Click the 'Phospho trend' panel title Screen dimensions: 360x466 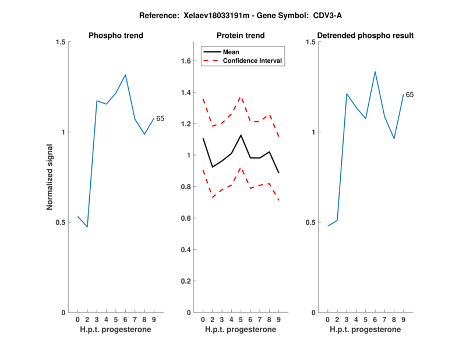coord(116,36)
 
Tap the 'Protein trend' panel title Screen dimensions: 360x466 coord(241,36)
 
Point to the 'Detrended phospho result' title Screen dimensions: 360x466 coord(366,36)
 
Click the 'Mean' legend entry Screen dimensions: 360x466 coord(231,52)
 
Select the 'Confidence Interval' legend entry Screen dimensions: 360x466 coord(253,61)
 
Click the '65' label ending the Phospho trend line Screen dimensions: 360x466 coord(160,119)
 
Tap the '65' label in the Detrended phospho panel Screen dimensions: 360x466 coord(409,94)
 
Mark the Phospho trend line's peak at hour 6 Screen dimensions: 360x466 coord(125,75)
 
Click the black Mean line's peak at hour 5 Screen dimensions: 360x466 coord(241,135)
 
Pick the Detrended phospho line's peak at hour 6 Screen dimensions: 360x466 coord(375,72)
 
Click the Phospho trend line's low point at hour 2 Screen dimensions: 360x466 coord(87,227)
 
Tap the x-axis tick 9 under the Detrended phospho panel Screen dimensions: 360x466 coord(403,319)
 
